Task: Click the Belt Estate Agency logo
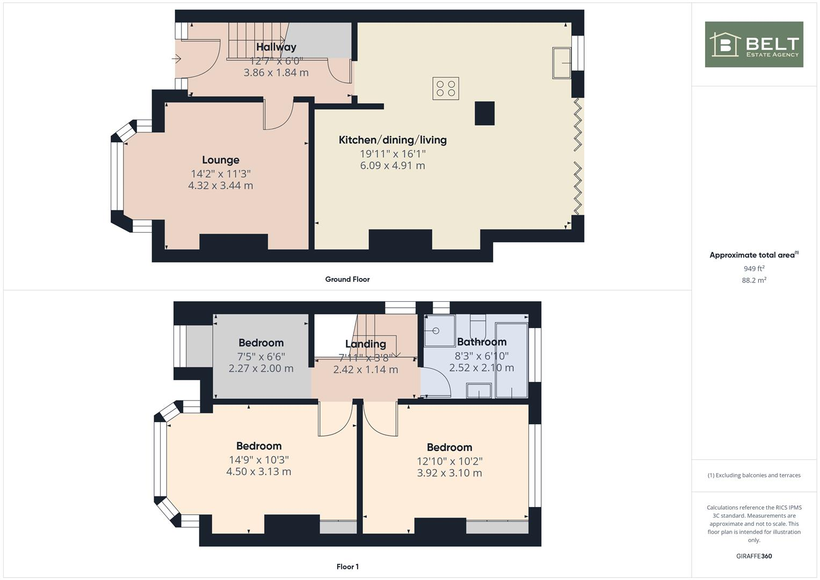pos(753,45)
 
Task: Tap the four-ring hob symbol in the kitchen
pos(446,89)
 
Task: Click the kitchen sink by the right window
pos(562,63)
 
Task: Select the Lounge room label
pos(221,160)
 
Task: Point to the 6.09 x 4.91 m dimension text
pos(393,165)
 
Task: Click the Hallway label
pos(276,47)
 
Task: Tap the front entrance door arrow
pos(177,59)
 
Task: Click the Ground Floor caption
pos(347,279)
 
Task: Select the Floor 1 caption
pos(347,567)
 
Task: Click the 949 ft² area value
pos(753,269)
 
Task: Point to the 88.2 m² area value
pos(753,280)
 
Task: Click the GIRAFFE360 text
pos(753,556)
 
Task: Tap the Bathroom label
pos(482,342)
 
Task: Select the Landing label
pos(366,344)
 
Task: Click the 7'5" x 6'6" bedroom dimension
pos(261,357)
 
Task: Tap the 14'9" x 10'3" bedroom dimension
pos(259,460)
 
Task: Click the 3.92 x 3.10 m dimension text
pos(449,473)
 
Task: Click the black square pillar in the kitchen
pos(484,113)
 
